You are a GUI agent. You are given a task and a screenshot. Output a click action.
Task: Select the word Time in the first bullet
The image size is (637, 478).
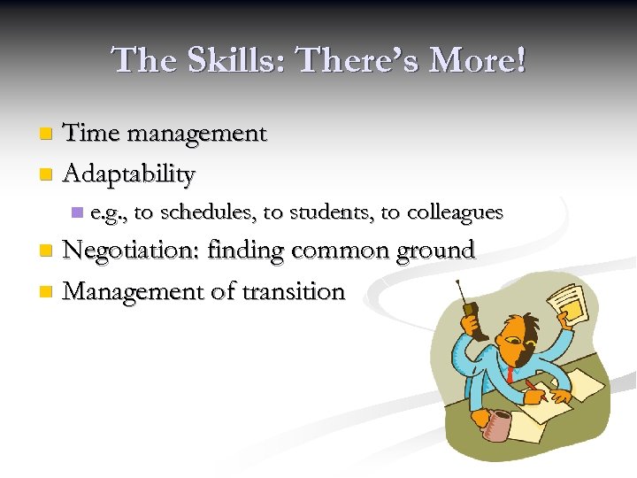click(93, 134)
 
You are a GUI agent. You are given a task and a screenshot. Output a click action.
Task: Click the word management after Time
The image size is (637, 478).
click(197, 135)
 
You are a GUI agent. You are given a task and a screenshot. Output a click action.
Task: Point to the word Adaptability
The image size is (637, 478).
click(129, 173)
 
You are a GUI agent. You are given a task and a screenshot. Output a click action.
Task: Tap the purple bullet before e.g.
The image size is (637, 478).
click(77, 212)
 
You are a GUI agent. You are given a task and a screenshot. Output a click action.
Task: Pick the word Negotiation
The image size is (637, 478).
click(132, 251)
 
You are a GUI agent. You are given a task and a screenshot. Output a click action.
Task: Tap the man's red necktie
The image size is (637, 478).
click(512, 372)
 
